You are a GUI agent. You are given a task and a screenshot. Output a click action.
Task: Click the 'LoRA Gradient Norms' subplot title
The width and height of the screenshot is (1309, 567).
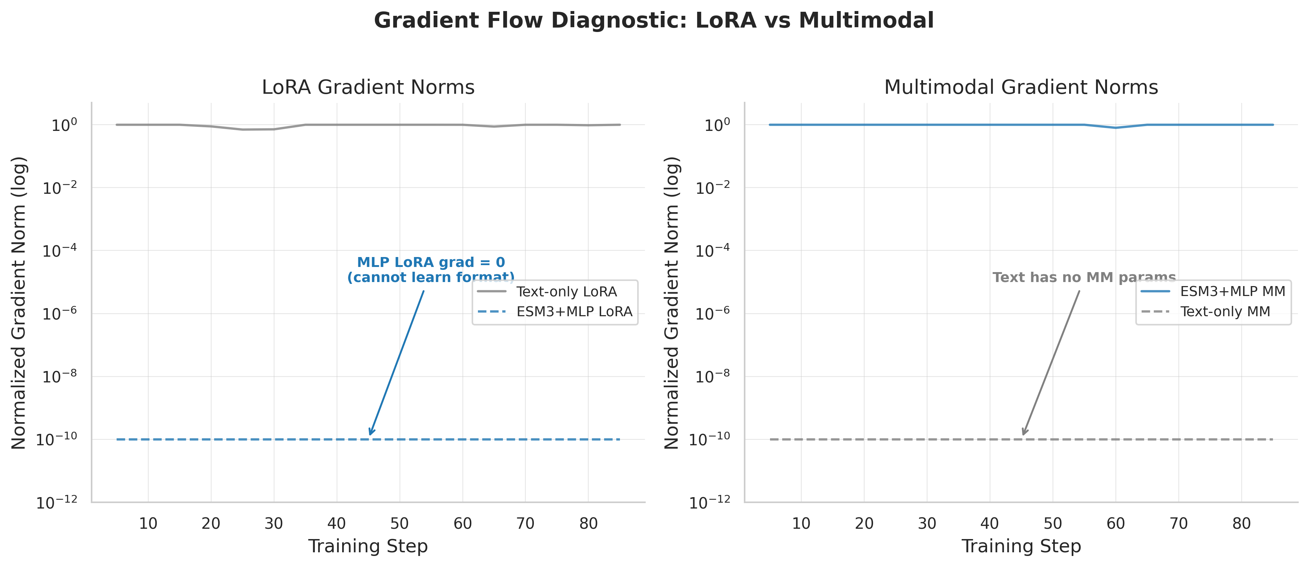point(368,88)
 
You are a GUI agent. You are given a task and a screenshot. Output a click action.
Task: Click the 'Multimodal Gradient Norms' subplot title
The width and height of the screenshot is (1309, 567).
point(1021,88)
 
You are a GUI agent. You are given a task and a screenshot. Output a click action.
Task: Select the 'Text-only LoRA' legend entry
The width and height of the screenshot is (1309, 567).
point(566,292)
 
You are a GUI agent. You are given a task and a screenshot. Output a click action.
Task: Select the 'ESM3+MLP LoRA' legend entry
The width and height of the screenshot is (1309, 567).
point(574,311)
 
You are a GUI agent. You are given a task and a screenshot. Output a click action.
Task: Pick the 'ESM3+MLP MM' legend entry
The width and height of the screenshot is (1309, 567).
point(1232,292)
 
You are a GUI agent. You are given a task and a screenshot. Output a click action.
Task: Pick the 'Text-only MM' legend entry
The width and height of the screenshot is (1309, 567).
point(1225,311)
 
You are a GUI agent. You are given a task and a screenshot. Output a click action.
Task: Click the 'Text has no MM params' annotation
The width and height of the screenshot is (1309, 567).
point(1084,277)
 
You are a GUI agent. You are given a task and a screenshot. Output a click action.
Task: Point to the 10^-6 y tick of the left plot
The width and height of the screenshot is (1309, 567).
point(60,314)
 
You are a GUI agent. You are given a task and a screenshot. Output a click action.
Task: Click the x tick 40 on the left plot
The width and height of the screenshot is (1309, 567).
point(336,523)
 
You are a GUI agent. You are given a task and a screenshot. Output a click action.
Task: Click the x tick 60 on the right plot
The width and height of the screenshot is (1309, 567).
point(1115,523)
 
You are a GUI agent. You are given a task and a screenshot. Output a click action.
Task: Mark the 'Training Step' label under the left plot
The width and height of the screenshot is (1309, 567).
point(368,547)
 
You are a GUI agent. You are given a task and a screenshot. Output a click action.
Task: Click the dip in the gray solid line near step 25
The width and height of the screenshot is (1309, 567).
point(242,129)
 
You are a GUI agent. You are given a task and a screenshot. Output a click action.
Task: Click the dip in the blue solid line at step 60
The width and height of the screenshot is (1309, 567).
point(1115,128)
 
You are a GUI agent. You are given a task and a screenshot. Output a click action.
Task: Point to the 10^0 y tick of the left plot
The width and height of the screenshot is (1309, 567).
point(64,125)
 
